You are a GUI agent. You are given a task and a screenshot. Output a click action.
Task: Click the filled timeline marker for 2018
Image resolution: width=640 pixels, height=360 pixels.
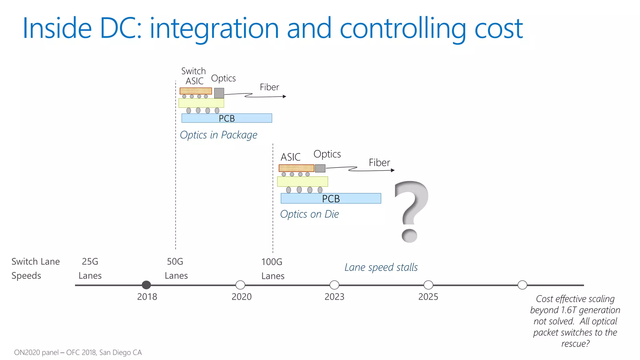pos(146,285)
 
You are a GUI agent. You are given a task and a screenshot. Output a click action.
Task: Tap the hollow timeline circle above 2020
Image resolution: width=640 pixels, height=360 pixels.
pos(240,285)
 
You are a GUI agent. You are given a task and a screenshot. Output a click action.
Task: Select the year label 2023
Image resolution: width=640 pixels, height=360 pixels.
pos(334,297)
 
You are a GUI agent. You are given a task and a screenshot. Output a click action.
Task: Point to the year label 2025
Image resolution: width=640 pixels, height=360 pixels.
pos(428,297)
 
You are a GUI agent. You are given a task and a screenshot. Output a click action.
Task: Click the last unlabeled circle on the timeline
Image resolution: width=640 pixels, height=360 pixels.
pos(522,285)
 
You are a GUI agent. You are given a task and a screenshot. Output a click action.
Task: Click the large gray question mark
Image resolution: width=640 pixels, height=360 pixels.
pos(412,211)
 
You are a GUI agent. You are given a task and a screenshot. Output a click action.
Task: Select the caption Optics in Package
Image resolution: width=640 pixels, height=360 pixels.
pos(218,135)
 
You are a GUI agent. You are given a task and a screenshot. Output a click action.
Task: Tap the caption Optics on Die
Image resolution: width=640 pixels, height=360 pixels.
pos(309,214)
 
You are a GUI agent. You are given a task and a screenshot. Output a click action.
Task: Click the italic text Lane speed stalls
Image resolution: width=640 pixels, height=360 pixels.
pos(381,267)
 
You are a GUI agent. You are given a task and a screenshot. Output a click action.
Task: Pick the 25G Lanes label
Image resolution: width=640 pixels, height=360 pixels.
pos(90,268)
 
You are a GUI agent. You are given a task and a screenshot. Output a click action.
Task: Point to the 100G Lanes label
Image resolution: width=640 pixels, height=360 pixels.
pos(272,269)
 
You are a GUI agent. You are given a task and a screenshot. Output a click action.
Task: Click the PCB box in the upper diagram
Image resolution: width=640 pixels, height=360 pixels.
pos(227,118)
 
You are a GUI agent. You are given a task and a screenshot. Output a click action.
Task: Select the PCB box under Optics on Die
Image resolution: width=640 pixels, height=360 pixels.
pos(331,198)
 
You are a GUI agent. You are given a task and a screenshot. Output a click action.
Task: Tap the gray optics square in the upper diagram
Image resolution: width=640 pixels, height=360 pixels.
pos(219,93)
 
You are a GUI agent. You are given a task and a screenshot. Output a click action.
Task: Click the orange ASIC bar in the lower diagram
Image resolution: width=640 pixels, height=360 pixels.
pos(296,168)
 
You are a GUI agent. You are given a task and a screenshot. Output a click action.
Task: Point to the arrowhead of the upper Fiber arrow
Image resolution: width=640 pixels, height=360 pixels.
pos(284,96)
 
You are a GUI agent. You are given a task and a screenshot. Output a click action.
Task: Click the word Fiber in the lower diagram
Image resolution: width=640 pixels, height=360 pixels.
pos(379,162)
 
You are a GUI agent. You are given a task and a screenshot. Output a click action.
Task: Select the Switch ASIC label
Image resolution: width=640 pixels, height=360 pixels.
pos(194,76)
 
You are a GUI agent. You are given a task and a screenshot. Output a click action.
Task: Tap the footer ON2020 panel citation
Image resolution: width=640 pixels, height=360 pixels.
pos(78,352)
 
